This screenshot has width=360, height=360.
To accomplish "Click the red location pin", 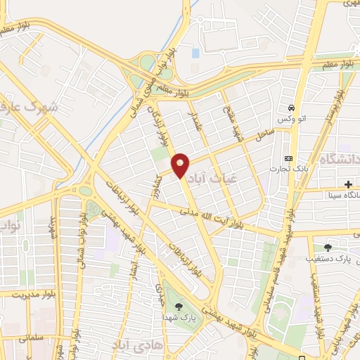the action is [x=181, y=164].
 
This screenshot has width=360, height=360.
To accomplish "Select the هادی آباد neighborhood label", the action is [x=134, y=345].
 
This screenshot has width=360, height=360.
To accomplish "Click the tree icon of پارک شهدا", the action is [x=179, y=305].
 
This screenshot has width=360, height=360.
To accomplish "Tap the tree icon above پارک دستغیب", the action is [x=328, y=247].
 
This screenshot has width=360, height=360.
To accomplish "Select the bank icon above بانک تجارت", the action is [x=288, y=158].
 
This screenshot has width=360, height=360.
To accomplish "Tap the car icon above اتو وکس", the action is [x=290, y=109].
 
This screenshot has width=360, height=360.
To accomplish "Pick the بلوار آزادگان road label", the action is [x=160, y=124].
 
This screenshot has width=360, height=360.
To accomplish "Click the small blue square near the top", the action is [x=195, y=53].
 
